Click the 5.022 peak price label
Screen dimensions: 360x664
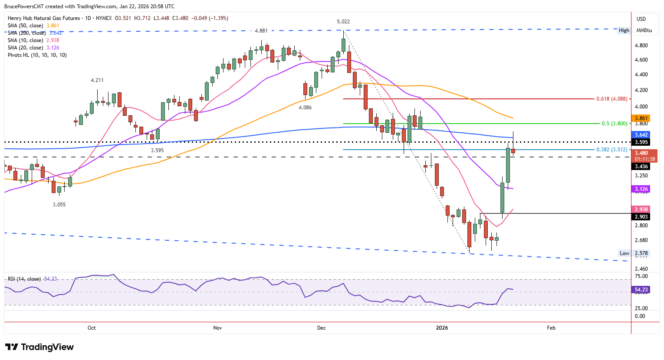[x=343, y=22]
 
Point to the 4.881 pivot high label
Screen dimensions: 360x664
[x=261, y=31]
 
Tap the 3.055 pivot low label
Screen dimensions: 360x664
[x=59, y=204]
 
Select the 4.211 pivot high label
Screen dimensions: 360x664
[x=97, y=80]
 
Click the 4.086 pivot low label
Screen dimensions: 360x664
[x=305, y=108]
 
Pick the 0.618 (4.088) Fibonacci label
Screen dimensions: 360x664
[x=611, y=99]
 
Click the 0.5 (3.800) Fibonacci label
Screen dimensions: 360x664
[x=614, y=124]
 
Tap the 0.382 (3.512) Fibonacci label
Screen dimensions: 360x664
[x=611, y=150]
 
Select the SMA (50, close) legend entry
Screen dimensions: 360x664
[x=33, y=26]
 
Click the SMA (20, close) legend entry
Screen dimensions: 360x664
[x=33, y=48]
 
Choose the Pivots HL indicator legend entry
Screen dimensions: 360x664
[x=37, y=55]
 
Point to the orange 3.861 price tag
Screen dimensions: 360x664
[x=641, y=118]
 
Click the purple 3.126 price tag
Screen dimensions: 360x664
[x=641, y=189]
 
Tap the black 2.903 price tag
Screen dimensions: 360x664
[x=641, y=216]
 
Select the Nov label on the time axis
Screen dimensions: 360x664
[x=217, y=327]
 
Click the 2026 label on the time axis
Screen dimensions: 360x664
[x=442, y=327]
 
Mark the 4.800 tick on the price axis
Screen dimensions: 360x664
[x=641, y=46]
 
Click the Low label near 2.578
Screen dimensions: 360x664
[x=624, y=253]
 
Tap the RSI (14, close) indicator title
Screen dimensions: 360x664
[x=24, y=279]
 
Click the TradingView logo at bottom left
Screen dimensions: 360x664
[x=39, y=347]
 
